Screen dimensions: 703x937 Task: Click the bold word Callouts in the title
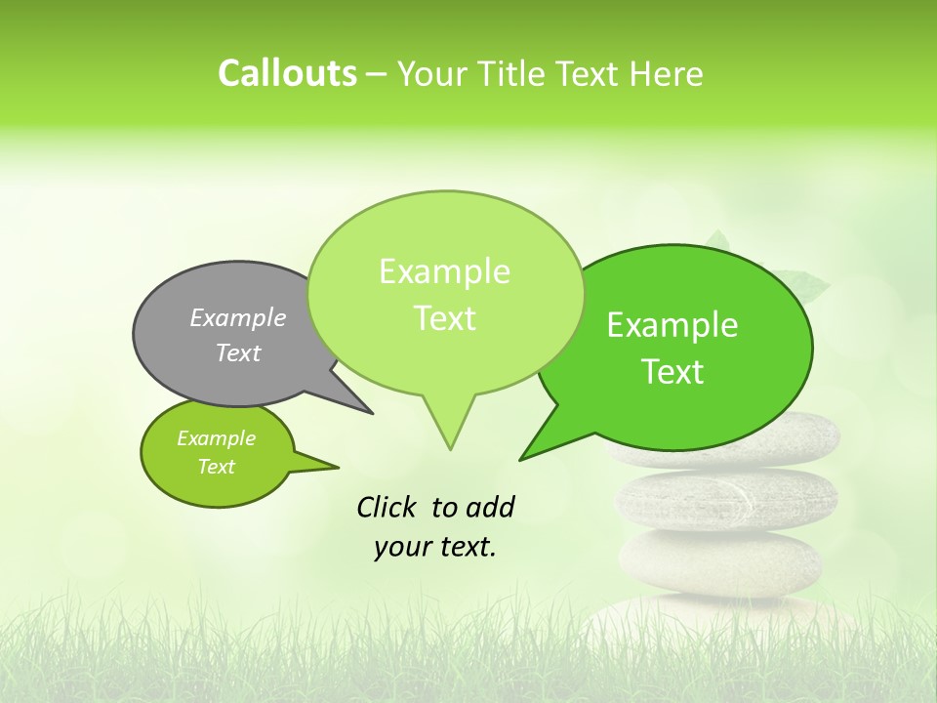(x=287, y=73)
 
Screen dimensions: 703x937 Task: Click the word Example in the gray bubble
(x=237, y=318)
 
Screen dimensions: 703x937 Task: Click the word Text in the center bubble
(x=445, y=318)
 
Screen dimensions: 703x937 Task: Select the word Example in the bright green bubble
(x=672, y=325)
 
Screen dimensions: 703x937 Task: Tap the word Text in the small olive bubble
(x=216, y=467)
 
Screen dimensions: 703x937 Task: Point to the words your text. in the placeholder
(x=435, y=548)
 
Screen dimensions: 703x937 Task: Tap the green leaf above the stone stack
(x=806, y=285)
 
